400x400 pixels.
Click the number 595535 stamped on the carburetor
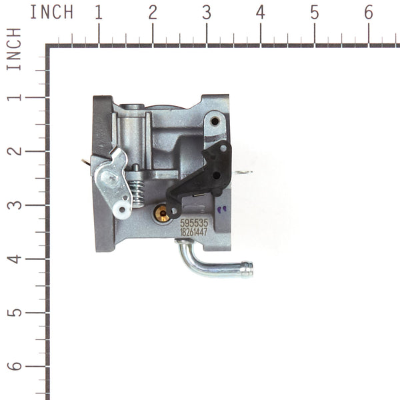click(194, 224)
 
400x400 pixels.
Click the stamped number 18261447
click(194, 233)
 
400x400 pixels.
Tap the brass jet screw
click(161, 213)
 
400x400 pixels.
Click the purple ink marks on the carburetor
click(222, 209)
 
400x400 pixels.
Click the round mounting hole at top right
click(215, 121)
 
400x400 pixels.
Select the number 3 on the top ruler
click(206, 12)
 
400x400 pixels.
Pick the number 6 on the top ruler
click(368, 12)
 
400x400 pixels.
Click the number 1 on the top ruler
click(99, 12)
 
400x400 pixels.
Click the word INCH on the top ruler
click(52, 12)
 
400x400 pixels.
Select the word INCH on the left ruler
click(14, 49)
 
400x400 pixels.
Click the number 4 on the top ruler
click(260, 12)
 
